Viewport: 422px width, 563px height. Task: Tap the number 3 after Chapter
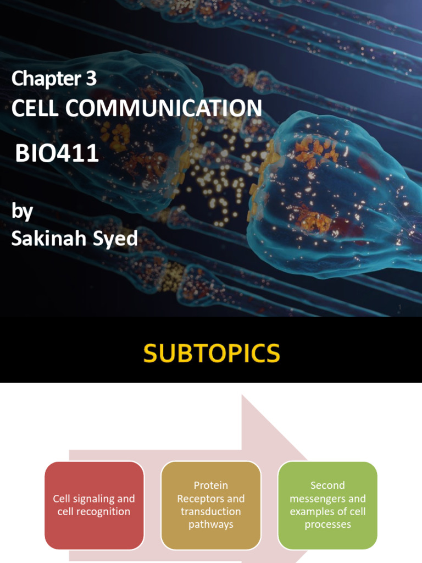(x=91, y=79)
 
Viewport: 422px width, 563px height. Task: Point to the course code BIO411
(x=57, y=153)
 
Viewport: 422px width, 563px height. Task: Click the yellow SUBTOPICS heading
(x=212, y=354)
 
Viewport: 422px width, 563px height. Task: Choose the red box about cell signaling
(x=94, y=505)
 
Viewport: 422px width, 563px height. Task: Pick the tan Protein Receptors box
(x=210, y=505)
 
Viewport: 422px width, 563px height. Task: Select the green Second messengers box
(x=327, y=505)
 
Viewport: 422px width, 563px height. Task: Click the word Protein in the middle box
(x=210, y=485)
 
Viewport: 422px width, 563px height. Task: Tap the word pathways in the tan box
(x=210, y=525)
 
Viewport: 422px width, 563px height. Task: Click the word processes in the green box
(x=327, y=525)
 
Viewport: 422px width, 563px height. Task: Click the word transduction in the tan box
(x=210, y=511)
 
